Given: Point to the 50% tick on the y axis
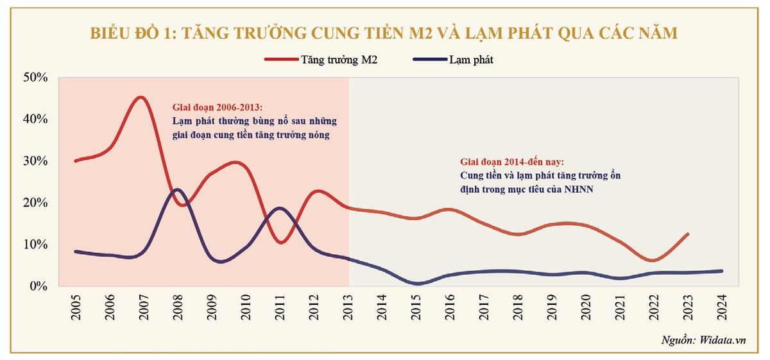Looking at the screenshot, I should [35, 77].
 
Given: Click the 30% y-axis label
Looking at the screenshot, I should [35, 160].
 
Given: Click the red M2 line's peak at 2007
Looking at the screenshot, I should [141, 98].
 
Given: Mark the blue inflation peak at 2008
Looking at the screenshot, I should [177, 189].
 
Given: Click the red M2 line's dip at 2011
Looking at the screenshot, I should [281, 242].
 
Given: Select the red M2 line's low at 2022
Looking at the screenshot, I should [653, 261].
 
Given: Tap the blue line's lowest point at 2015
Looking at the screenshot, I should [417, 283].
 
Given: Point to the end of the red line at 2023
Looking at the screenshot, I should [688, 234].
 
